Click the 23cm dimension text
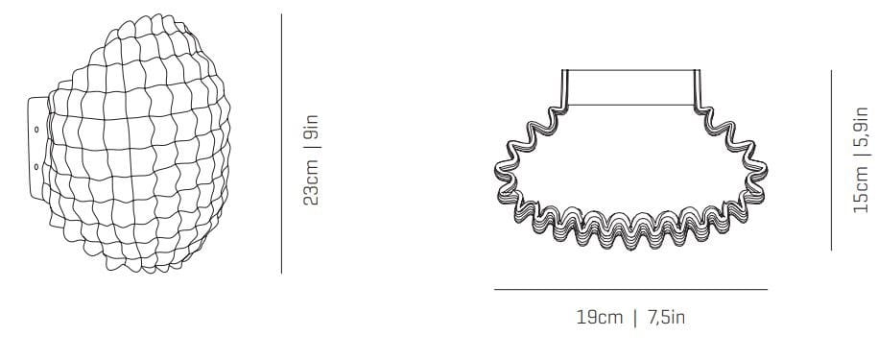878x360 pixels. [x=311, y=182]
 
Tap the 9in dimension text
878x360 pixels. [x=311, y=126]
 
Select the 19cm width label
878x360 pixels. [x=600, y=318]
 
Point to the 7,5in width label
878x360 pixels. [x=666, y=318]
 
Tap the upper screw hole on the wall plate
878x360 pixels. [x=36, y=130]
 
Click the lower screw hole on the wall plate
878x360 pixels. [x=36, y=166]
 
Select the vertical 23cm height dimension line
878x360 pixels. [x=281, y=144]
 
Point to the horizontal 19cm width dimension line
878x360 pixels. [x=630, y=290]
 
